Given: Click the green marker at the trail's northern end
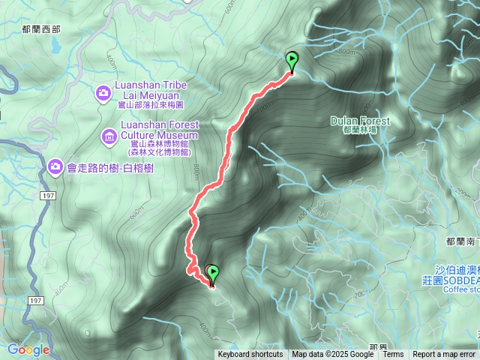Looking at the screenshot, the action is (291, 60).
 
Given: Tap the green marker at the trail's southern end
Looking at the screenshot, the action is (212, 274).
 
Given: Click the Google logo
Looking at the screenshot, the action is (28, 349).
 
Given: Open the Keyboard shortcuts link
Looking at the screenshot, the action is (250, 355).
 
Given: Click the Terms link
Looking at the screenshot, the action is (393, 355).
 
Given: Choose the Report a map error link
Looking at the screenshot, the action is (444, 355).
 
